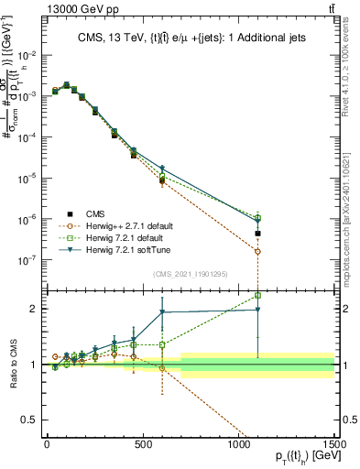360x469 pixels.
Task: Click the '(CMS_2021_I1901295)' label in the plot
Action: [x=191, y=274]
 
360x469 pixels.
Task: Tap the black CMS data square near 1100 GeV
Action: [x=258, y=234]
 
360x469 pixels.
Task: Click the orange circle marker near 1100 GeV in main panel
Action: [x=258, y=251]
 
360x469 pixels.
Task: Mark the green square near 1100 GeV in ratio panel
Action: [x=258, y=295]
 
